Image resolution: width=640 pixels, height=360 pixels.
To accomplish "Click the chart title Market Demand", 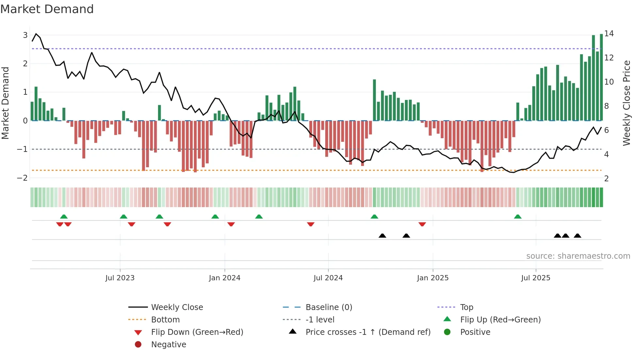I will pyautogui.click(x=47, y=9).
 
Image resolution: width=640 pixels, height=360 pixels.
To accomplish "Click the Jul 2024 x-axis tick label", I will pyautogui.click(x=328, y=278).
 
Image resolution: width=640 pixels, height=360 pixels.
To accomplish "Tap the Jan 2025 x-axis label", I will pyautogui.click(x=433, y=278).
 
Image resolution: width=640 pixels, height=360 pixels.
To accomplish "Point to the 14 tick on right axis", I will pyautogui.click(x=609, y=34).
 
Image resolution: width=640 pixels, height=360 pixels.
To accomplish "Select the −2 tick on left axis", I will pyautogui.click(x=23, y=178).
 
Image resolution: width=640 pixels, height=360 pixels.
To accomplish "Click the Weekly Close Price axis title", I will pyautogui.click(x=626, y=103).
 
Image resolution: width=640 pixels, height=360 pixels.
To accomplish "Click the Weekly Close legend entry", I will pyautogui.click(x=177, y=307).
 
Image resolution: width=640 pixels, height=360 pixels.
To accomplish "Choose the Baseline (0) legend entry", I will pyautogui.click(x=328, y=307).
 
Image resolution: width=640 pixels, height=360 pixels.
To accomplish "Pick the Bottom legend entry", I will pyautogui.click(x=165, y=320).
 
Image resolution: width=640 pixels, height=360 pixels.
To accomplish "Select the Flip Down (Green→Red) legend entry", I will pyautogui.click(x=197, y=332).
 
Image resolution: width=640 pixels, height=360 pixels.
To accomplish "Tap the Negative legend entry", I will pyautogui.click(x=168, y=345).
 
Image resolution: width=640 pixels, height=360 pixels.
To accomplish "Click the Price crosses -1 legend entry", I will pyautogui.click(x=368, y=332).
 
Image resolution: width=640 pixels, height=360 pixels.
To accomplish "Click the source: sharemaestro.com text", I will pyautogui.click(x=578, y=256).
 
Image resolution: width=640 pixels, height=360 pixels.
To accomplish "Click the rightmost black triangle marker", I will pyautogui.click(x=577, y=236).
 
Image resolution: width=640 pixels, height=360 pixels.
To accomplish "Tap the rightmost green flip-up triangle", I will pyautogui.click(x=518, y=217).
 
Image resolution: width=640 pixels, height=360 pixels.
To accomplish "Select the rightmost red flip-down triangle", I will pyautogui.click(x=422, y=224).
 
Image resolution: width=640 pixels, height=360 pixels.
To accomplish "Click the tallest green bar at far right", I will pyautogui.click(x=601, y=77).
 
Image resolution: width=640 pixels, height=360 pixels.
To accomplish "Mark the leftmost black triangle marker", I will pyautogui.click(x=382, y=236).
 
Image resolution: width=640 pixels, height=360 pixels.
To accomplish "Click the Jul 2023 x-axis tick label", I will pyautogui.click(x=120, y=278).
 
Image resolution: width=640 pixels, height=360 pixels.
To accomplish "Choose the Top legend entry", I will pyautogui.click(x=466, y=307).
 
